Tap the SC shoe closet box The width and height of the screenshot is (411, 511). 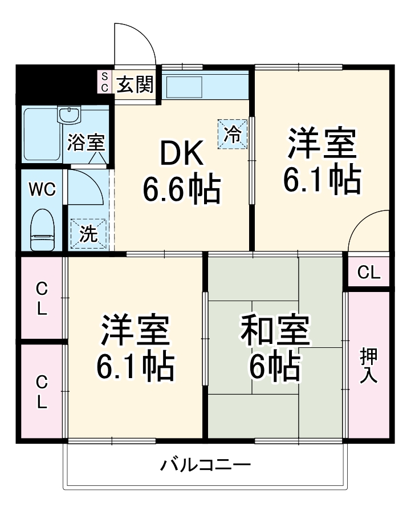(104, 82)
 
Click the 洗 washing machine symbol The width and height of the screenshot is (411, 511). (88, 234)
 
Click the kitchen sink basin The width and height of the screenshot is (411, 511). (184, 86)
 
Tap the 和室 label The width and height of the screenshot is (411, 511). (275, 331)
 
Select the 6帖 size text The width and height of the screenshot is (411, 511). (275, 367)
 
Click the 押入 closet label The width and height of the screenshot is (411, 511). (369, 365)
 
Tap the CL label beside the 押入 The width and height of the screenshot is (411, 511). (369, 273)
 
